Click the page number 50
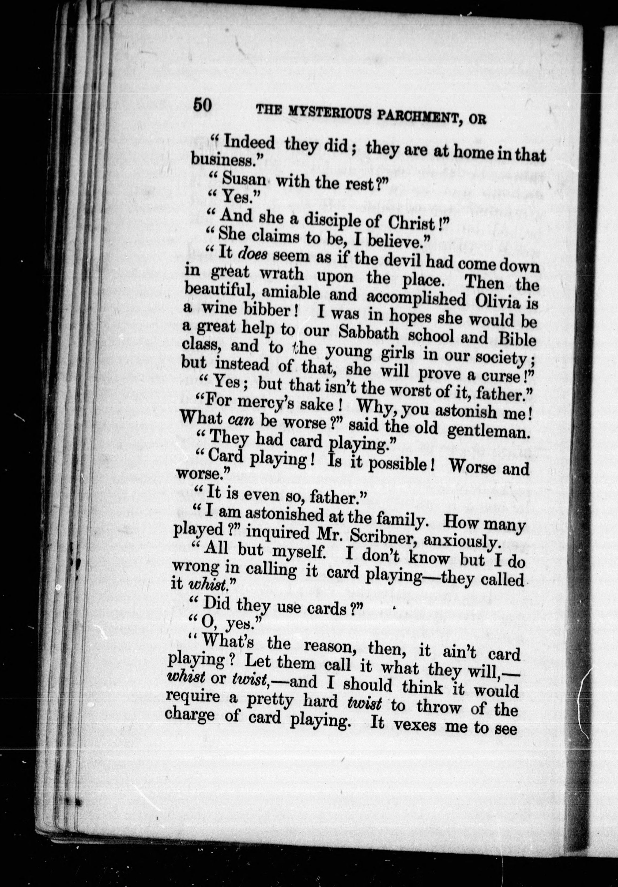click(x=203, y=105)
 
